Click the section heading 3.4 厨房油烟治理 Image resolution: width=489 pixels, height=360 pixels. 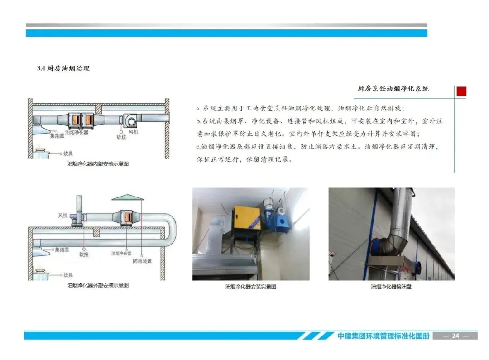pos(63,68)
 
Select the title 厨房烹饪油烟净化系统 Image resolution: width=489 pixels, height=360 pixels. pos(393,89)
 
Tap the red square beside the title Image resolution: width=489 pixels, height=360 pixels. pos(461,91)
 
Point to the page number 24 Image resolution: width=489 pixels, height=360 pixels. pos(455,336)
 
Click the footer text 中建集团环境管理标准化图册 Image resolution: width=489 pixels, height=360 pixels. pos(384,336)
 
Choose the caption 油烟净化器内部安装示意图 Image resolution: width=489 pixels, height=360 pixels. pos(98,164)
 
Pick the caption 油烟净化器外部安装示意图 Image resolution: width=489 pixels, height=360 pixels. pos(98,285)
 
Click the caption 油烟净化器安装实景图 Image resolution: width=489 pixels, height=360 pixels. pos(251,287)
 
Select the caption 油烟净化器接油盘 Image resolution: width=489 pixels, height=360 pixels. pos(391,287)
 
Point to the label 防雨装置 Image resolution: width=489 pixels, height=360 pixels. pos(142,261)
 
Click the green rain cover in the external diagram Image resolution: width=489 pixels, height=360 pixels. pos(128,197)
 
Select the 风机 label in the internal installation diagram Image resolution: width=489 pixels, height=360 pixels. pos(133,132)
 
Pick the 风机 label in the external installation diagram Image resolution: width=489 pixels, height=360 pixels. pos(62,216)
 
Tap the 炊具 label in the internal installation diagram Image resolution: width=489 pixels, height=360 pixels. pos(68,154)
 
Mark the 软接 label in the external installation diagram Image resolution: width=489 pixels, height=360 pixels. pos(84,254)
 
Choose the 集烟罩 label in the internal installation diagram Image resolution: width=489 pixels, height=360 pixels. pos(57,136)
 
